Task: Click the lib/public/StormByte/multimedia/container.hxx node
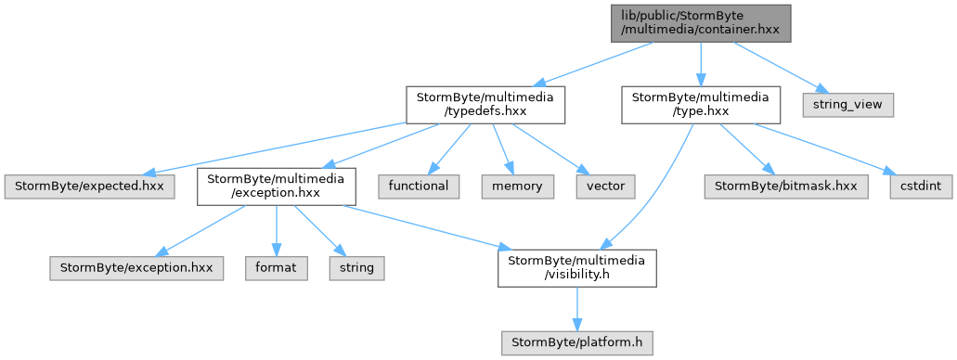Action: [x=701, y=23]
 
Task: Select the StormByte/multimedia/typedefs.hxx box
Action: [x=485, y=105]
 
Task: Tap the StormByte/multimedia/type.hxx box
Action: [x=701, y=105]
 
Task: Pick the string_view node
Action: [x=847, y=105]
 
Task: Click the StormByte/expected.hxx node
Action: [x=89, y=186]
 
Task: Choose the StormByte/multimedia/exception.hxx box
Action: [x=277, y=186]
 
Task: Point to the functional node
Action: [x=419, y=186]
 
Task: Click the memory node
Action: [x=518, y=186]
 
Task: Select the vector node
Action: [x=606, y=186]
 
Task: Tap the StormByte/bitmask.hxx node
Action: [x=785, y=186]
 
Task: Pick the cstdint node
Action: [x=921, y=186]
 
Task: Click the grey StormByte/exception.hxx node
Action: [x=136, y=268]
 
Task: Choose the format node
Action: [x=277, y=268]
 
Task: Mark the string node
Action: [x=357, y=268]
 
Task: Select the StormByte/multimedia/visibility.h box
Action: [x=576, y=268]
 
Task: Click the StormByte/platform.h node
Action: [x=576, y=343]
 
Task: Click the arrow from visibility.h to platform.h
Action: [x=576, y=309]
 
